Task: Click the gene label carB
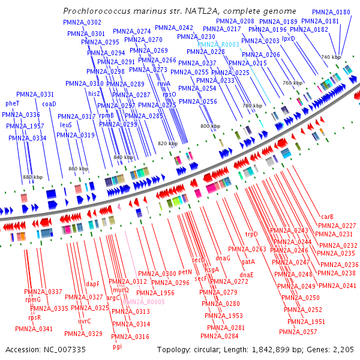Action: click(327, 217)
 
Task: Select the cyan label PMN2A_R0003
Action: click(218, 44)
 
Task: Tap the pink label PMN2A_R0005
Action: click(143, 302)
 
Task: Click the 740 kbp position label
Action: click(331, 57)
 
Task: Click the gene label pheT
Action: click(13, 103)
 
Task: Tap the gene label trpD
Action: click(251, 234)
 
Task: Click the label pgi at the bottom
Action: click(117, 346)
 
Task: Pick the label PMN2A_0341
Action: click(37, 329)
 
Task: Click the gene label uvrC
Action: click(84, 322)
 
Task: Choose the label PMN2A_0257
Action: click(302, 332)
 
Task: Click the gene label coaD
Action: click(49, 103)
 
